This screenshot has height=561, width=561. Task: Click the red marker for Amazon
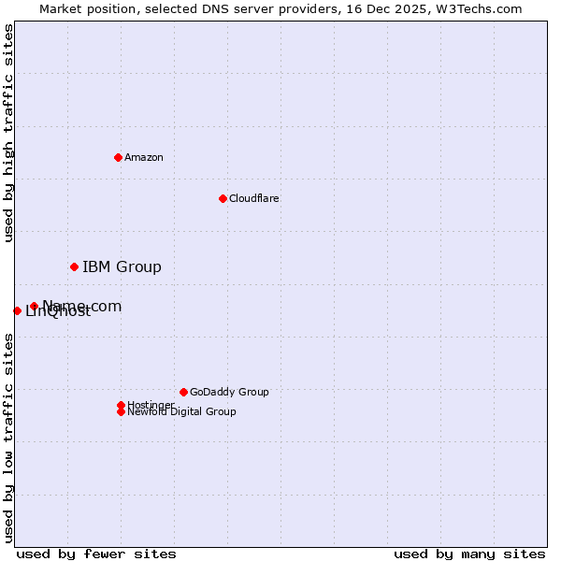(118, 157)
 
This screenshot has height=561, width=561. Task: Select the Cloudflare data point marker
(223, 198)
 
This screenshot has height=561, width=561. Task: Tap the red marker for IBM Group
(74, 267)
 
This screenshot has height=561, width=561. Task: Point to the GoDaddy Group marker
(183, 392)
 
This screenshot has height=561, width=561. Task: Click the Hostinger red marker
(121, 405)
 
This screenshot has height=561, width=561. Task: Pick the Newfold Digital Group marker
(121, 411)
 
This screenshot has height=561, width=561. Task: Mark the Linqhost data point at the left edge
(17, 310)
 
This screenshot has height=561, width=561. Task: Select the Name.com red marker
(34, 306)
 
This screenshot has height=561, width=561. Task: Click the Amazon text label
(144, 157)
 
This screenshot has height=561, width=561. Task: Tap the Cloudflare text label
(254, 198)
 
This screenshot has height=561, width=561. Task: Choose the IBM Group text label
(122, 267)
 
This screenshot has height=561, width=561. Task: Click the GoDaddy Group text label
(229, 392)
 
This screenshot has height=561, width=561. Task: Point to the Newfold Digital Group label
(182, 412)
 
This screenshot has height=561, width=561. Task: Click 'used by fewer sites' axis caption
(96, 554)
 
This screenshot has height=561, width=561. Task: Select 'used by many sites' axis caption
(469, 554)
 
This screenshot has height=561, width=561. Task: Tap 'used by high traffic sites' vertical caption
(9, 133)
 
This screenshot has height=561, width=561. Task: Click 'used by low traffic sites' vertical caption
(9, 438)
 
